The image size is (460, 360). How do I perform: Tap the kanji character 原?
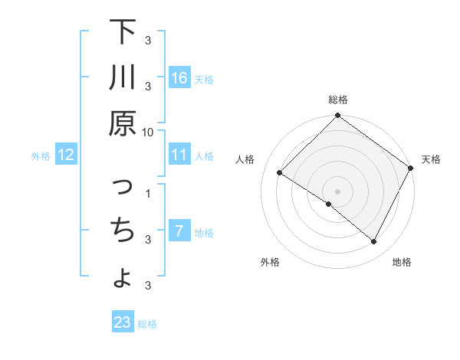click(123, 123)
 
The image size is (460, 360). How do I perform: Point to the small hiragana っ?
click(123, 187)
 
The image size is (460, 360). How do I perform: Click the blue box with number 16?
click(179, 77)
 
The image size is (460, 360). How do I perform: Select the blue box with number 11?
click(179, 155)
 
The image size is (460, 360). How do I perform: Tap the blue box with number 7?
click(179, 231)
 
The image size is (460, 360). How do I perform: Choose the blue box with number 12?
click(65, 155)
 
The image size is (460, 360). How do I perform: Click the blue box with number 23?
click(122, 322)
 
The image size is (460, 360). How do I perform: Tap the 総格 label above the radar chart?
click(338, 100)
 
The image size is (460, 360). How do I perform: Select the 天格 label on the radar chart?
click(431, 159)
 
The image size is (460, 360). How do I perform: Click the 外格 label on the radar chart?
click(270, 262)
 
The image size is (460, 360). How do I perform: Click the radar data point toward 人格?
click(280, 172)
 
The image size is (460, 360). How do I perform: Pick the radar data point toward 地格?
click(374, 242)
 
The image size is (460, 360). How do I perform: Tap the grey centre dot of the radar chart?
click(338, 191)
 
